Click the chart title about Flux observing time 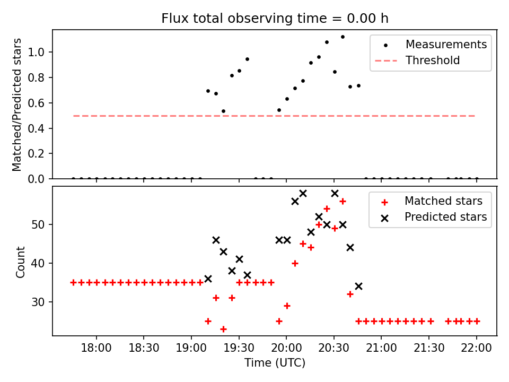click(x=275, y=19)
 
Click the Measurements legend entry click(x=446, y=45)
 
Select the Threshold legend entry click(x=433, y=60)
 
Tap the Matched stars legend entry click(x=443, y=201)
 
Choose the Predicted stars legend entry click(x=445, y=217)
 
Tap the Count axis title click(x=21, y=262)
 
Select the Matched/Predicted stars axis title click(x=17, y=105)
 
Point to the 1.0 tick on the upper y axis click(x=41, y=52)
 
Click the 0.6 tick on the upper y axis click(x=41, y=103)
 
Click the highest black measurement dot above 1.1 click(x=343, y=37)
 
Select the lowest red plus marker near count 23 click(x=223, y=329)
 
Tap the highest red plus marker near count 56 click(x=343, y=201)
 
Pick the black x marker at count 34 click(x=358, y=286)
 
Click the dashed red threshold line click(x=159, y=116)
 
